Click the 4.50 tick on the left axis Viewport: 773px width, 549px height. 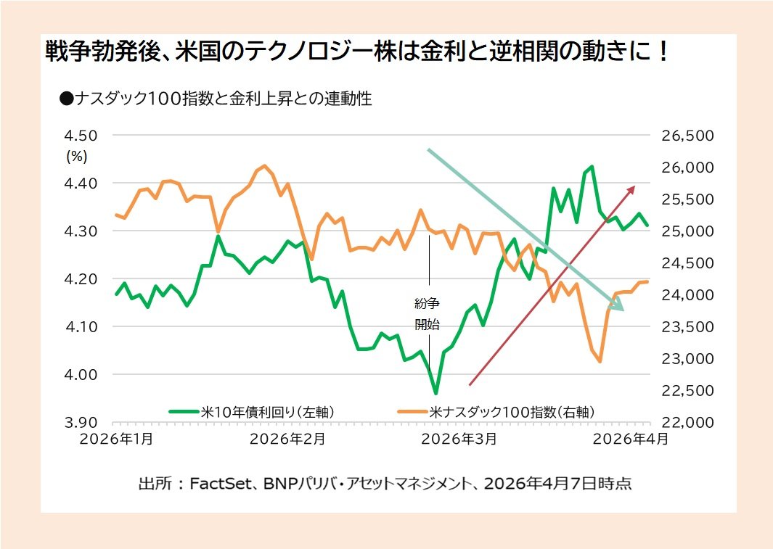(x=82, y=136)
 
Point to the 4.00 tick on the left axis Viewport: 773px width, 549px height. (x=82, y=375)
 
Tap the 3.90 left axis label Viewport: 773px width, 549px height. (x=82, y=423)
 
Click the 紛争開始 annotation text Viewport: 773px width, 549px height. (x=428, y=314)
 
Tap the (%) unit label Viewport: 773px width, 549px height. (x=77, y=155)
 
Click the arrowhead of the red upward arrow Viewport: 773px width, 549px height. (x=631, y=189)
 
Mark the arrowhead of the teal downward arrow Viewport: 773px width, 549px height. (x=618, y=307)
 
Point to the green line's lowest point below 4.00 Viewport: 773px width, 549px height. (x=435, y=393)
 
